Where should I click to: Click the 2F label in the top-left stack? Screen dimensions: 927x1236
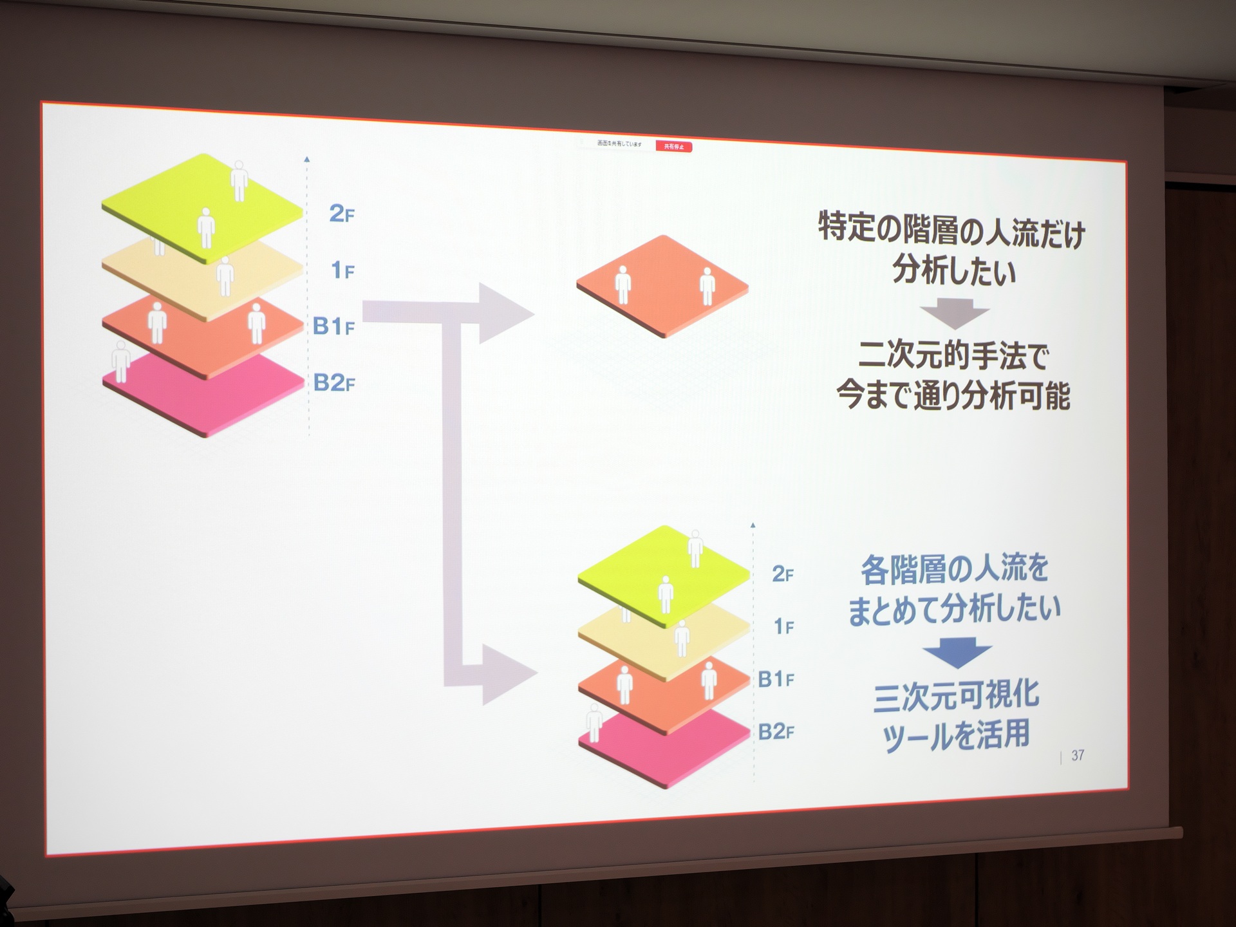click(x=342, y=214)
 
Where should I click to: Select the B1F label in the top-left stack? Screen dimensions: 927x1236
click(x=333, y=326)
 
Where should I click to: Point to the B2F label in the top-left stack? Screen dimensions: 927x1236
click(x=334, y=383)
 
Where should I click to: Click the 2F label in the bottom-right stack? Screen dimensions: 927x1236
click(x=783, y=574)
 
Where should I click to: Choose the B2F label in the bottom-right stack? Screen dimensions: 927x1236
click(x=776, y=732)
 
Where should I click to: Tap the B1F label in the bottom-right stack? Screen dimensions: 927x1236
click(x=776, y=679)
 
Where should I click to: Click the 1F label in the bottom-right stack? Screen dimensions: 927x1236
click(x=783, y=626)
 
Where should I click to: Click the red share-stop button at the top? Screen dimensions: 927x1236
click(x=674, y=147)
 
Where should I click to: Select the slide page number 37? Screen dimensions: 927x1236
click(x=1078, y=755)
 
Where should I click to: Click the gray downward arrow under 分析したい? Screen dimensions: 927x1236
click(x=955, y=313)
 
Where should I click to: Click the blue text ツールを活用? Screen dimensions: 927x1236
click(x=956, y=736)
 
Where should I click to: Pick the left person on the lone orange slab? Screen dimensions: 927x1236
click(x=623, y=285)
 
